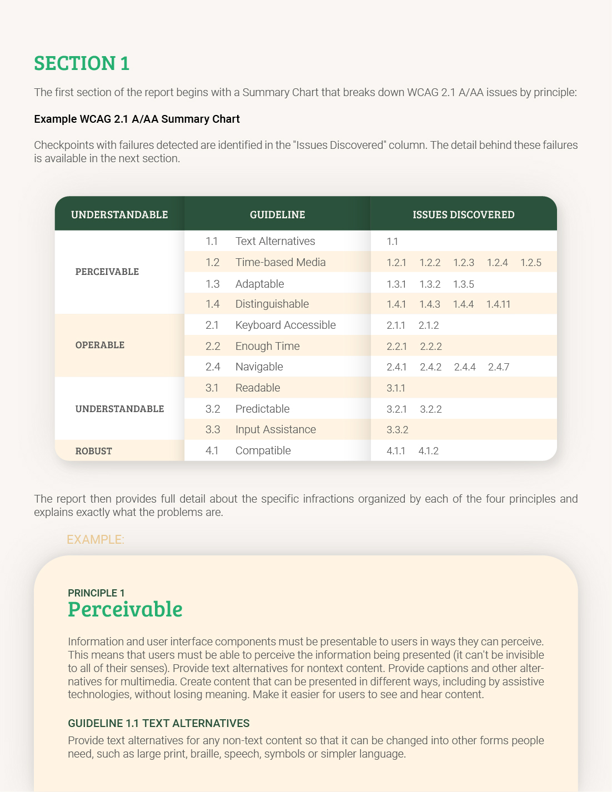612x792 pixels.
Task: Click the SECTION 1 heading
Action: point(82,63)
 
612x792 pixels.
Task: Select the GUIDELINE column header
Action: point(277,214)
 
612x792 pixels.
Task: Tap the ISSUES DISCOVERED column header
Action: point(463,214)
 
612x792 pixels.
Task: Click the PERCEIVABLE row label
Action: point(107,272)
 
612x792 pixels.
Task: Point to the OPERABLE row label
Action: point(100,345)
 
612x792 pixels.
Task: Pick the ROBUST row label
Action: point(94,451)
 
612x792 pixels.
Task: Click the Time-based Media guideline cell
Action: point(280,262)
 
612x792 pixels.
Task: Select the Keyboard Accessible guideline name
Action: point(285,325)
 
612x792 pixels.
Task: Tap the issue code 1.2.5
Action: point(530,263)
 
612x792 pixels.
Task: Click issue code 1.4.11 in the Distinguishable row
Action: point(498,304)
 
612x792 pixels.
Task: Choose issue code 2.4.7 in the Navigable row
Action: point(498,367)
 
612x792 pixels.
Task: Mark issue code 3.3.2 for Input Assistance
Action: point(397,430)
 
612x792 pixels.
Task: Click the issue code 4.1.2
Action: point(428,451)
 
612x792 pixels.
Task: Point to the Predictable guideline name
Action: point(262,409)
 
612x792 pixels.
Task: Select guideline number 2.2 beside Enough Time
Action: point(213,346)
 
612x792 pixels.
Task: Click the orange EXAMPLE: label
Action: point(96,539)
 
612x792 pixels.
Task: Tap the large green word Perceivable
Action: point(125,609)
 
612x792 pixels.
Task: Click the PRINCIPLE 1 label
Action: point(96,593)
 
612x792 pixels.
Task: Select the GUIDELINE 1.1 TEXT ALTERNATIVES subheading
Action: point(159,723)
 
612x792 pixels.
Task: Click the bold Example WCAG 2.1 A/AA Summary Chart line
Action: point(137,119)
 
